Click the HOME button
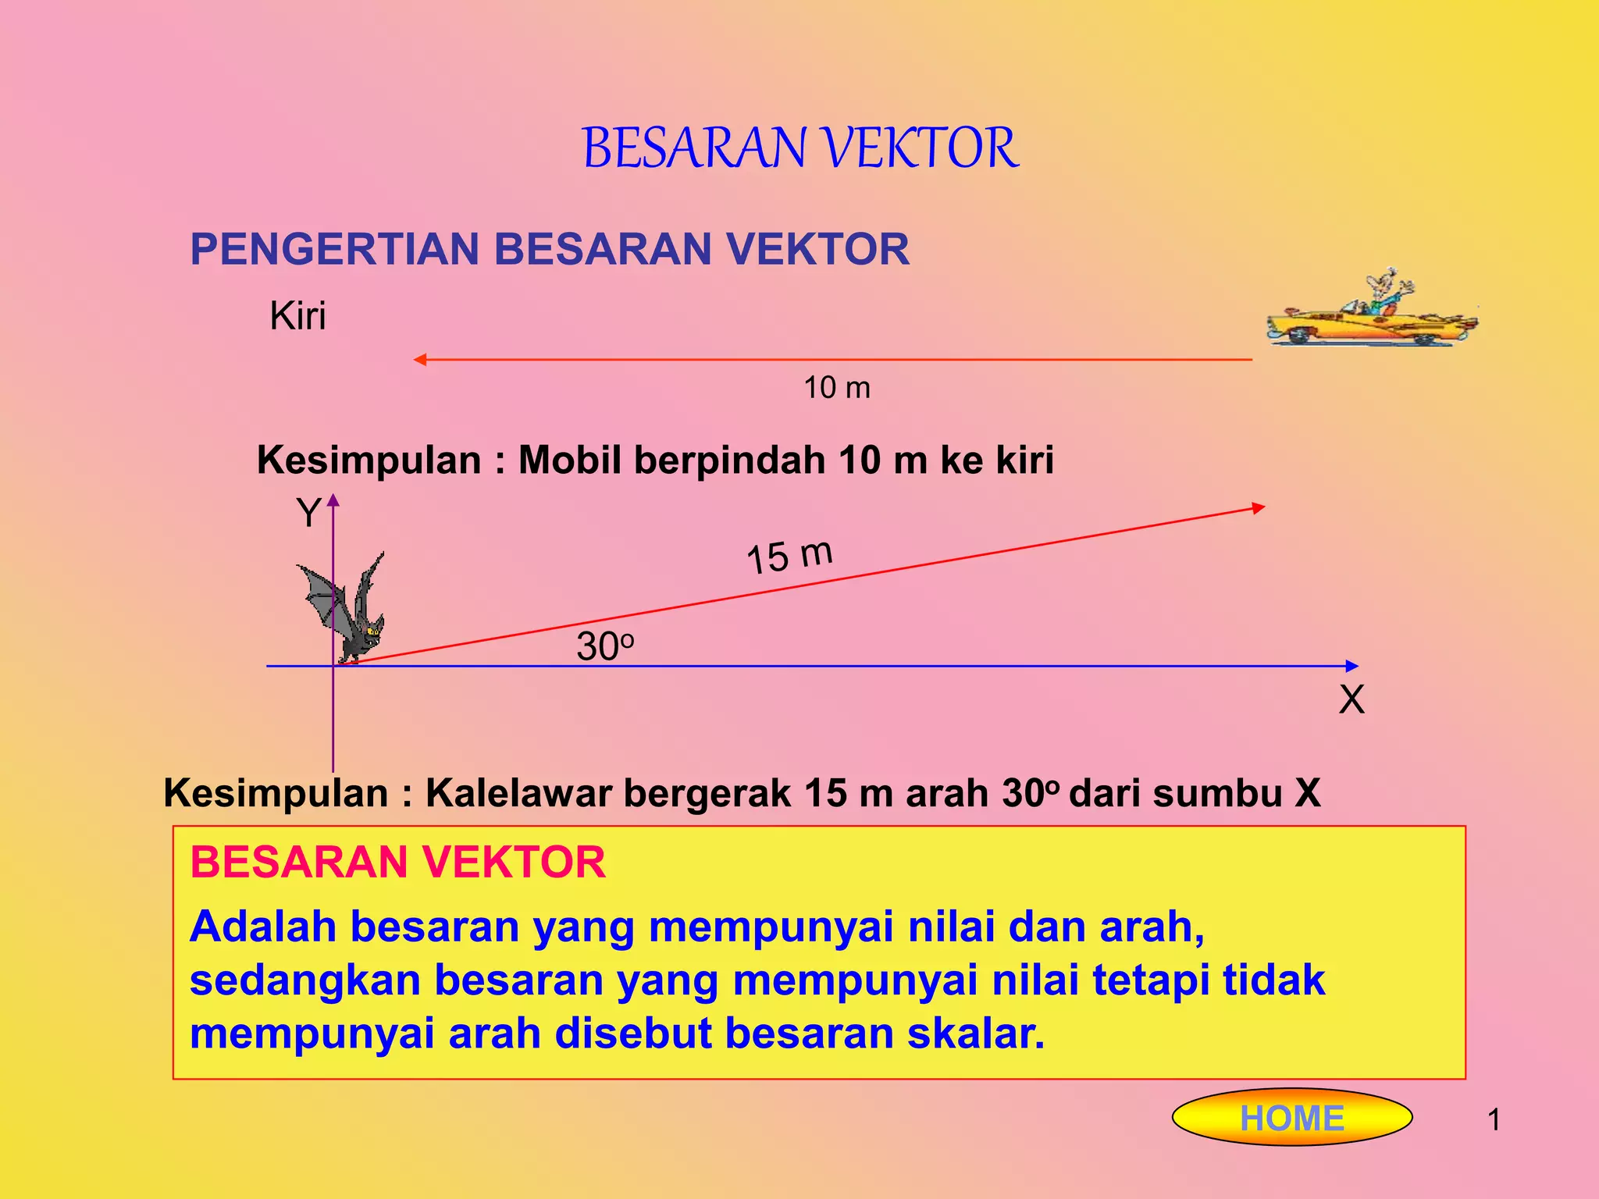click(1292, 1118)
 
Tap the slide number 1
click(1494, 1120)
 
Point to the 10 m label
click(837, 388)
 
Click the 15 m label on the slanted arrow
click(789, 557)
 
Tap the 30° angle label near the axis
click(604, 647)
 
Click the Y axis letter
click(308, 514)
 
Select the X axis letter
click(1351, 699)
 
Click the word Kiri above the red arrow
click(297, 317)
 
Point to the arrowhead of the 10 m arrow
click(419, 360)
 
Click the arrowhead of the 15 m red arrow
click(1258, 508)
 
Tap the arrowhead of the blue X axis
click(1352, 666)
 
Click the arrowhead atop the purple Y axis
click(333, 500)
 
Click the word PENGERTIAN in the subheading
click(334, 250)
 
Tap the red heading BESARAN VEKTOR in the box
click(397, 863)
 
